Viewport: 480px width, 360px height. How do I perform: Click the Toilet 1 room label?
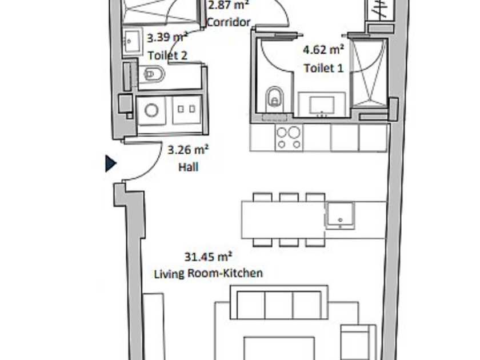pos(323,68)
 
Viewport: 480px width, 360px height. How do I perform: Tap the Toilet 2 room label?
pos(167,56)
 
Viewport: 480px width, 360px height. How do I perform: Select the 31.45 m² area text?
pos(208,257)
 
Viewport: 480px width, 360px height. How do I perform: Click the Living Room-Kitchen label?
pos(208,273)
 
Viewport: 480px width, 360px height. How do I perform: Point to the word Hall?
pos(188,167)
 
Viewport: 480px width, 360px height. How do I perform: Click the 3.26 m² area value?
pos(188,150)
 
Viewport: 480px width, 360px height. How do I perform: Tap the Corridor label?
pos(229,22)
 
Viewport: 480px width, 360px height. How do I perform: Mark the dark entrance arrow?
pos(110,163)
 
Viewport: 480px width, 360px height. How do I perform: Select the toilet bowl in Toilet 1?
pos(275,98)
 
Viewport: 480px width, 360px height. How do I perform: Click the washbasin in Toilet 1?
pos(321,105)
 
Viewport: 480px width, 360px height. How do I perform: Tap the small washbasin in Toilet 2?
pos(133,41)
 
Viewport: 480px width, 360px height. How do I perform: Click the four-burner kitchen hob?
pos(289,138)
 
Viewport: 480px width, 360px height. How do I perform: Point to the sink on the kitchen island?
pos(340,215)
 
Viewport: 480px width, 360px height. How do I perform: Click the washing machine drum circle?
pos(151,110)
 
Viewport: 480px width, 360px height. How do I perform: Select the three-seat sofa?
pos(279,303)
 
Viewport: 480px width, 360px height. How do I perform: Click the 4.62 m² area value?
pos(323,50)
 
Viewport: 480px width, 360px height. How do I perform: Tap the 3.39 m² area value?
pos(167,38)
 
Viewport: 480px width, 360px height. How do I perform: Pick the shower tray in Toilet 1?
pos(369,74)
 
